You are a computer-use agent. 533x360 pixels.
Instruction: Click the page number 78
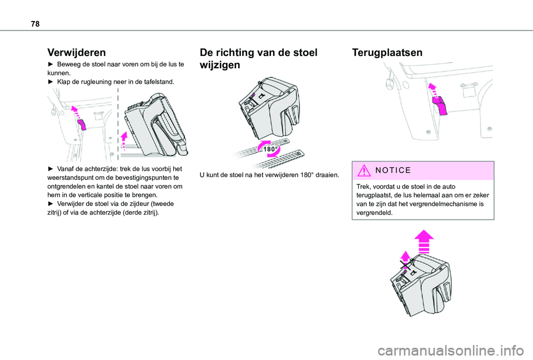(x=35, y=24)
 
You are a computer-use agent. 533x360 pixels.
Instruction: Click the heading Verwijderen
(x=77, y=52)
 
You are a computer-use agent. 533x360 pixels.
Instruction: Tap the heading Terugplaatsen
(x=387, y=52)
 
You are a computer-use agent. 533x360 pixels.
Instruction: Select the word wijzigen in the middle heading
(x=220, y=65)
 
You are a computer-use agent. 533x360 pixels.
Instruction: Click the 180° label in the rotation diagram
(x=271, y=149)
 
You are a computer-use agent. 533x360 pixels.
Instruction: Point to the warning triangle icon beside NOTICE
(x=364, y=170)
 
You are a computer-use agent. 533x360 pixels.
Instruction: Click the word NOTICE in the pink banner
(x=393, y=170)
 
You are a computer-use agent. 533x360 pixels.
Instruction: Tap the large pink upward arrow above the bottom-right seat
(x=424, y=241)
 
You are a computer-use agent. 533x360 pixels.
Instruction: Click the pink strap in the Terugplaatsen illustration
(x=440, y=105)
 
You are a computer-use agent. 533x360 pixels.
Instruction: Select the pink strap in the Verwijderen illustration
(x=82, y=124)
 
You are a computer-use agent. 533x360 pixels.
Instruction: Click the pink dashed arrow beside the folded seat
(x=124, y=140)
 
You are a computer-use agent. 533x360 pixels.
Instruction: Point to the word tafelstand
(x=160, y=82)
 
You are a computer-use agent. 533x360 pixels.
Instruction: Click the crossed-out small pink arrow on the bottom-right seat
(x=405, y=260)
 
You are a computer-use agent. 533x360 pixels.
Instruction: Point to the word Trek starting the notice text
(x=363, y=186)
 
